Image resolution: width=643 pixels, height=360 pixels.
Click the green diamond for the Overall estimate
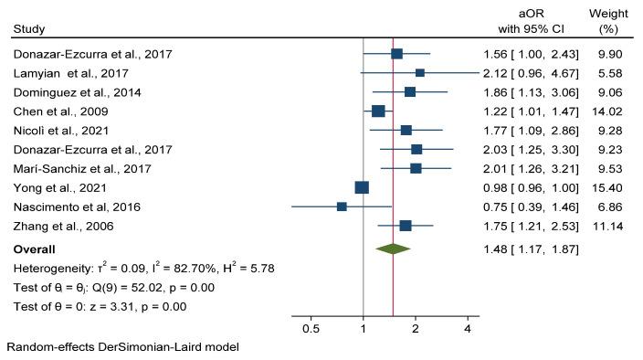pyautogui.click(x=394, y=249)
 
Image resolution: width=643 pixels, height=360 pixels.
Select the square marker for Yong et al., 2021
pyautogui.click(x=362, y=187)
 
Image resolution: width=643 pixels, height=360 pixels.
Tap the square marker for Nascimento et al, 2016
pyautogui.click(x=342, y=206)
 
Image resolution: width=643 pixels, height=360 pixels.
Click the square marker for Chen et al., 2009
pyautogui.click(x=378, y=111)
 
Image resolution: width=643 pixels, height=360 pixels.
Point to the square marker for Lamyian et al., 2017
pyautogui.click(x=420, y=72)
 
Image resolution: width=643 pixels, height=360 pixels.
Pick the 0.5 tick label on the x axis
pyautogui.click(x=311, y=327)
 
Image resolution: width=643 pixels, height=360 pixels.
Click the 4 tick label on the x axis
pyautogui.click(x=468, y=327)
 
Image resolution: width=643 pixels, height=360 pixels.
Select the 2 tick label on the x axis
pyautogui.click(x=416, y=327)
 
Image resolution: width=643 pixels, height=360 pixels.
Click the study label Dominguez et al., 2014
pyautogui.click(x=71, y=91)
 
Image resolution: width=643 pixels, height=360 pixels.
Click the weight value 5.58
pyautogui.click(x=611, y=72)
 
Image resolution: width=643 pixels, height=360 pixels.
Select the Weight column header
pyautogui.click(x=608, y=21)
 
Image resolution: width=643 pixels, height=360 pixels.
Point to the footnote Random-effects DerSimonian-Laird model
pyautogui.click(x=122, y=348)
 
